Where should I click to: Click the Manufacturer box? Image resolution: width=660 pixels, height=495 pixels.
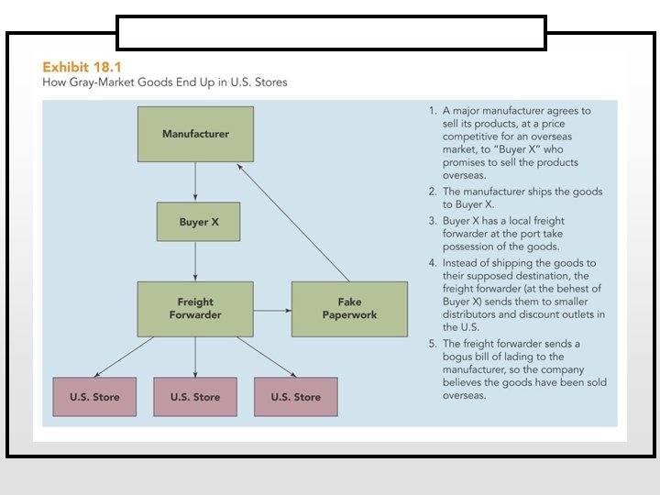pyautogui.click(x=195, y=134)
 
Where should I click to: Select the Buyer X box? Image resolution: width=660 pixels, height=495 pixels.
pyautogui.click(x=199, y=223)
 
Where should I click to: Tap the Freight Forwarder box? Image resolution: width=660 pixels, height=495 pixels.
pyautogui.click(x=195, y=308)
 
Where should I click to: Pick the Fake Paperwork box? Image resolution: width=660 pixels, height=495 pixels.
pyautogui.click(x=349, y=308)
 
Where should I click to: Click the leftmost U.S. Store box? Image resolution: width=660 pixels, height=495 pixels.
pyautogui.click(x=94, y=397)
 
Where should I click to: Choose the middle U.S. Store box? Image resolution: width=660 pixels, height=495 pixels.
pyautogui.click(x=195, y=397)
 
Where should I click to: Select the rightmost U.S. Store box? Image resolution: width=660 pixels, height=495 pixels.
pyautogui.click(x=296, y=397)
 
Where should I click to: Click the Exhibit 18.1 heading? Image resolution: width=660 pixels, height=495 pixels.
pyautogui.click(x=82, y=67)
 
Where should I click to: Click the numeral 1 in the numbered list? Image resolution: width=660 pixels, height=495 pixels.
pyautogui.click(x=432, y=111)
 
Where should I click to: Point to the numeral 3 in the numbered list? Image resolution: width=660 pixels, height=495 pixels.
pyautogui.click(x=432, y=221)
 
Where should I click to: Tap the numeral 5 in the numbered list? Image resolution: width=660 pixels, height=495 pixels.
pyautogui.click(x=432, y=343)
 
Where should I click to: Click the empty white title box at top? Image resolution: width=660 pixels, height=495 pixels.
pyautogui.click(x=331, y=32)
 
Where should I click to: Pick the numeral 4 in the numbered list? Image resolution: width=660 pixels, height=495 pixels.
pyautogui.click(x=432, y=263)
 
